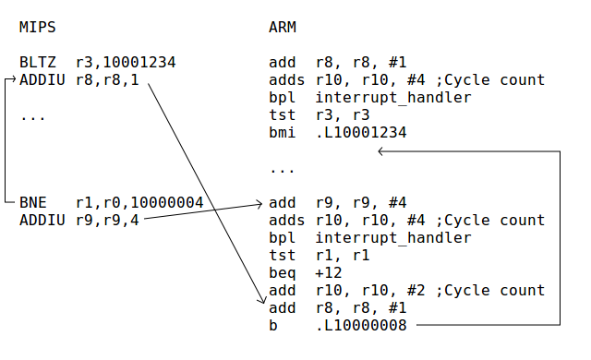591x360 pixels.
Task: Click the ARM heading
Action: pos(282,27)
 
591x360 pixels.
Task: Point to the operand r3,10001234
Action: pos(126,63)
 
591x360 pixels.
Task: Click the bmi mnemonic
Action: pos(282,132)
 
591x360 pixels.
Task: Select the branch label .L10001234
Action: pos(360,132)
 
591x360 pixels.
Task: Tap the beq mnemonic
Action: pos(282,272)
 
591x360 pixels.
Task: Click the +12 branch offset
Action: pos(328,272)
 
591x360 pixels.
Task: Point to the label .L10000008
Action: pos(360,325)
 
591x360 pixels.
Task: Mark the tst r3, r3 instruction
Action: pos(313,114)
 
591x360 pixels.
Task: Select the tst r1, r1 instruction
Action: pos(313,255)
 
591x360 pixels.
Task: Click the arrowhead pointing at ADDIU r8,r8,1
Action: pos(13,80)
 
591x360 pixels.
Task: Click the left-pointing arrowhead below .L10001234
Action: pos(382,150)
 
